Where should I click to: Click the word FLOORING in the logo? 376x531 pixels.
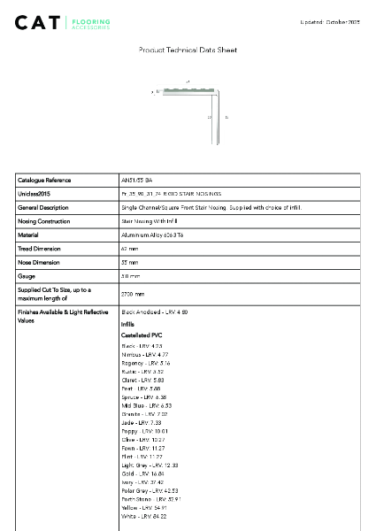pos(91,19)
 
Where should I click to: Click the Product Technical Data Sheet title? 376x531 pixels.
pos(188,50)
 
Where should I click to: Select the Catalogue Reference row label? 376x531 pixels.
pos(44,180)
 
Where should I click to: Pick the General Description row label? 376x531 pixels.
pos(43,207)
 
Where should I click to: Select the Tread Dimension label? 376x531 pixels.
pos(39,249)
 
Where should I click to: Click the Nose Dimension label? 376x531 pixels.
pos(37,263)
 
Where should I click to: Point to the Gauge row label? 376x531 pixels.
pos(27,277)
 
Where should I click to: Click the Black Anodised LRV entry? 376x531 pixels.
pos(154,312)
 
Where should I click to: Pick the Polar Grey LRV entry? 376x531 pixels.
pos(150,489)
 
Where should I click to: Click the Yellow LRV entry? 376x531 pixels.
pos(143,507)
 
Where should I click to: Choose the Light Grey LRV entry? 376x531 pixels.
pos(150,465)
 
